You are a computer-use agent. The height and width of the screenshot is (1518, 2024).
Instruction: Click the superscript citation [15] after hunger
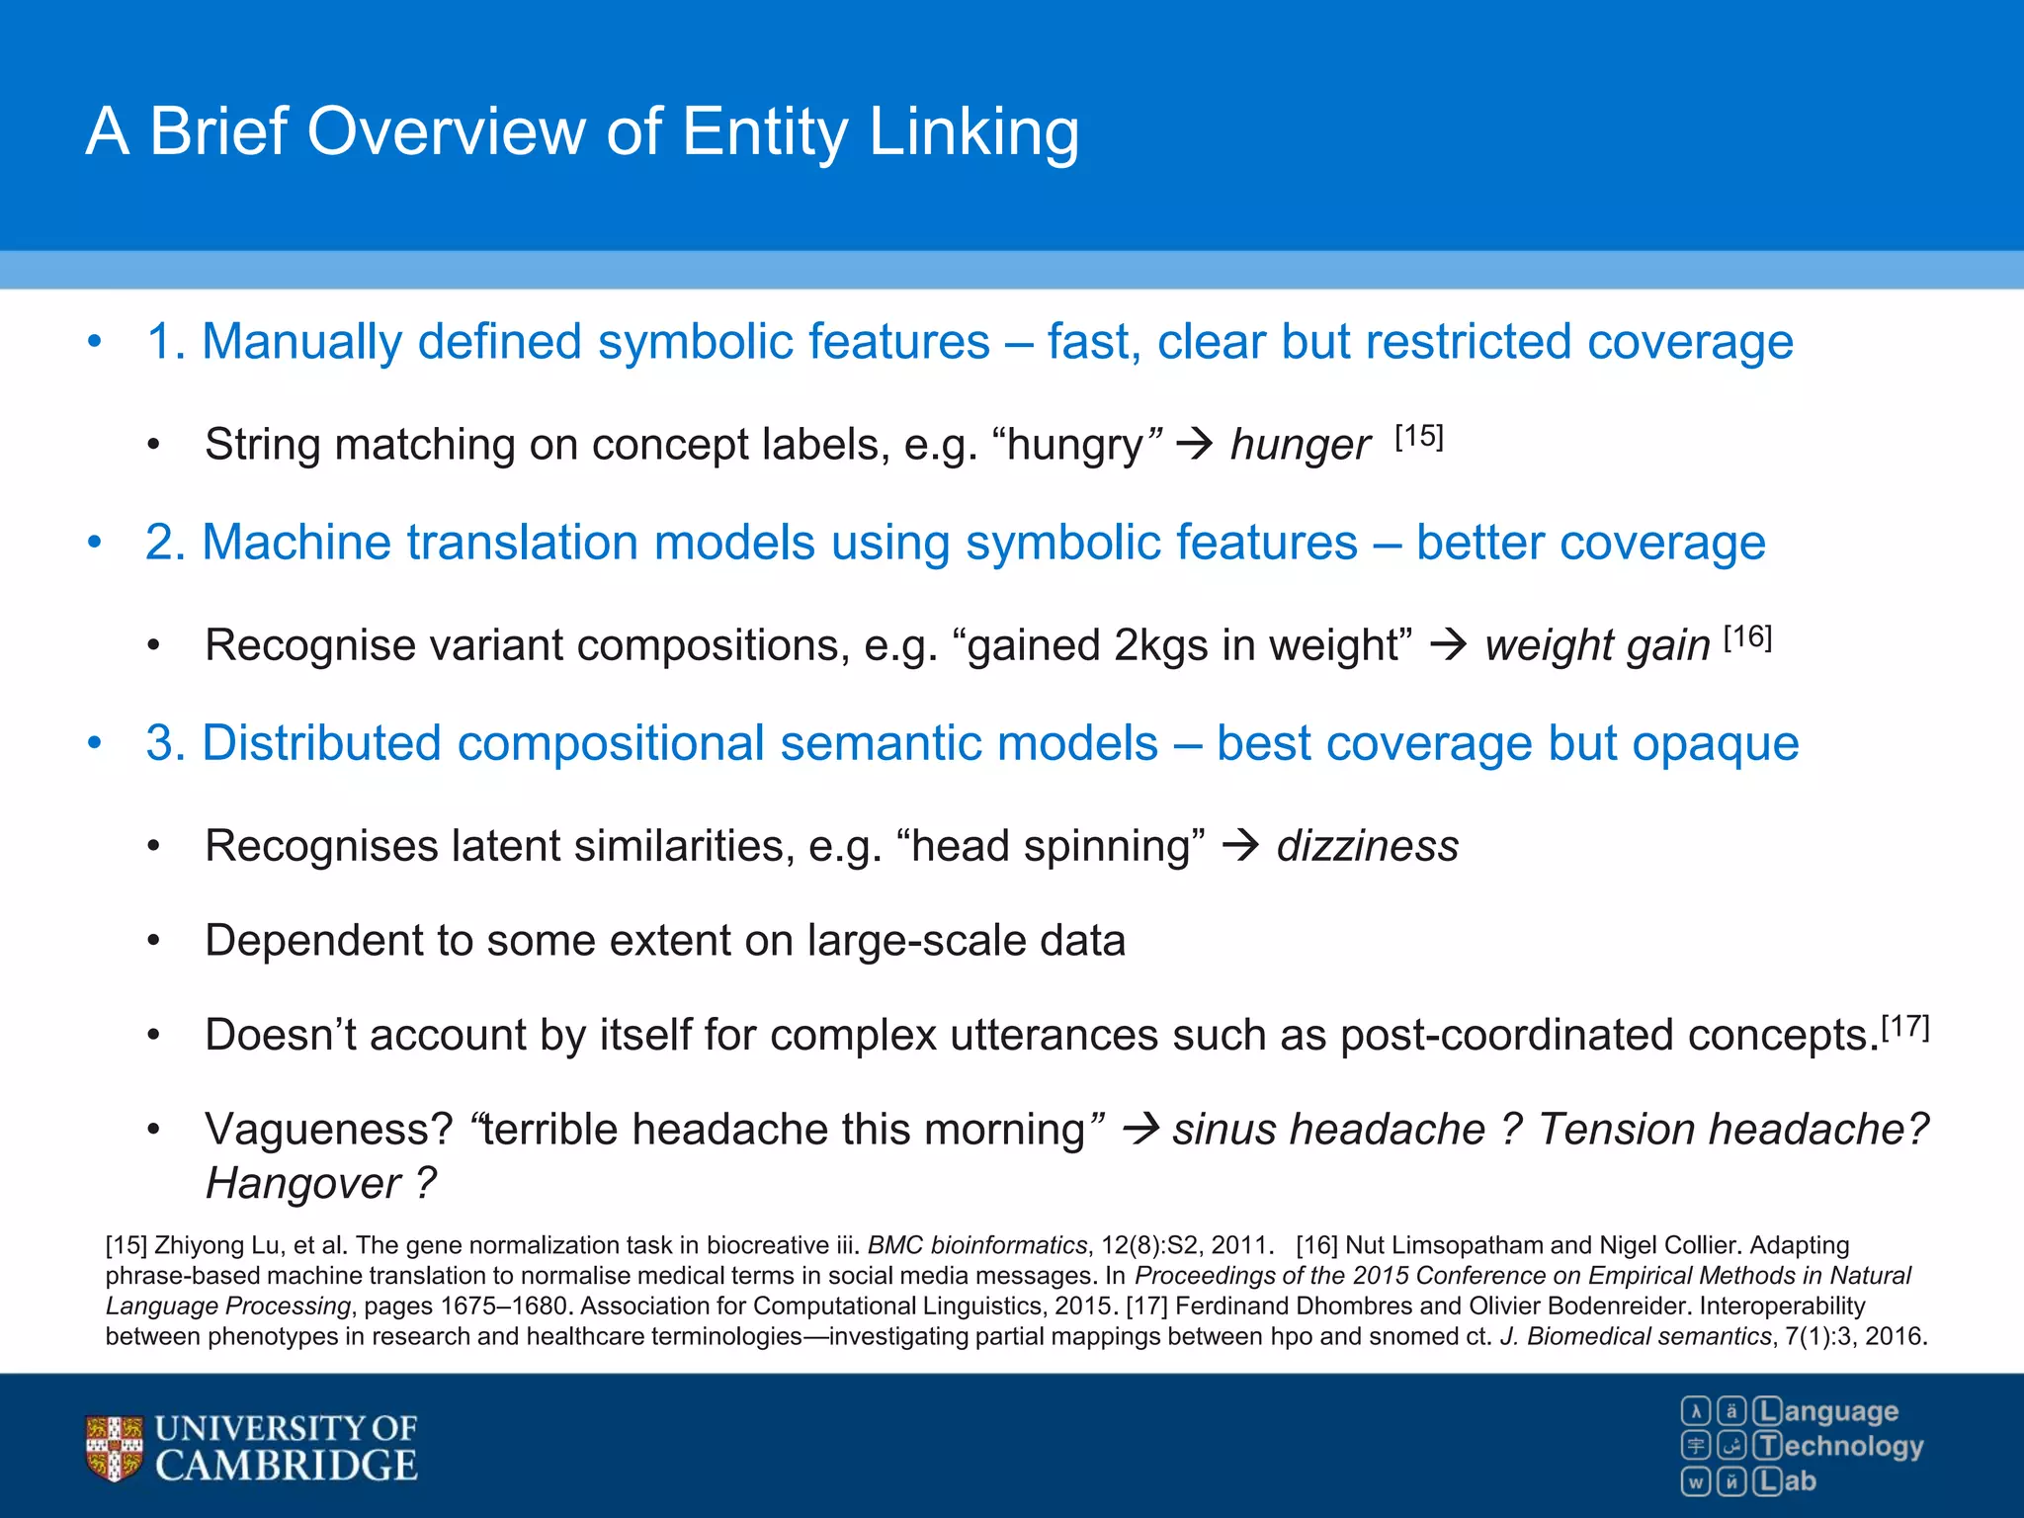1419,437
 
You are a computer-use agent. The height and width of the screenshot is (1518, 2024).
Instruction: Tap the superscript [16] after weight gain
1747,637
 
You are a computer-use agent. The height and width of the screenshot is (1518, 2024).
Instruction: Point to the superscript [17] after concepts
1904,1027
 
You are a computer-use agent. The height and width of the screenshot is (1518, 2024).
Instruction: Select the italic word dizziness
1367,846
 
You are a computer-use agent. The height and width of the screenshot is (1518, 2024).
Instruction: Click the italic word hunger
1300,446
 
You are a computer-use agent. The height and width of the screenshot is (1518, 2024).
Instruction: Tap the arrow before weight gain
1449,645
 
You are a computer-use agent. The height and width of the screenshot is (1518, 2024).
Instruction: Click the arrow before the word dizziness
1240,846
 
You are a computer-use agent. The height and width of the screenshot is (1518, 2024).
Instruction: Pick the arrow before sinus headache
1141,1129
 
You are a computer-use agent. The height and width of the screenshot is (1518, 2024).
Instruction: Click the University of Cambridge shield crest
114,1448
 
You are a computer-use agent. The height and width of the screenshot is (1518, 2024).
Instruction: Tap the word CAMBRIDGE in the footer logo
287,1466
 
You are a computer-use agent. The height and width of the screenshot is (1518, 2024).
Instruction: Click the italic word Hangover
302,1183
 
